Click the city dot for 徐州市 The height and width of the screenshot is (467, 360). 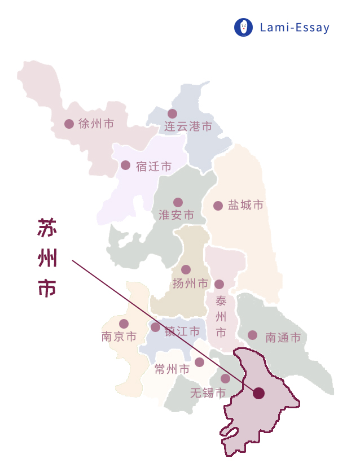pyautogui.click(x=69, y=124)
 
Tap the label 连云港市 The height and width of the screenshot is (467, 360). pyautogui.click(x=188, y=126)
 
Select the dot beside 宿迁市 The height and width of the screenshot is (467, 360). pyautogui.click(x=125, y=165)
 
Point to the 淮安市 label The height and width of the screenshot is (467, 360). pyautogui.click(x=176, y=215)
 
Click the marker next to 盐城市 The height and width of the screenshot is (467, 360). pyautogui.click(x=218, y=206)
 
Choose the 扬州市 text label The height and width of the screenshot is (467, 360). pyautogui.click(x=191, y=283)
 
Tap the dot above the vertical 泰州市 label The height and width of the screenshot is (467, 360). pyautogui.click(x=219, y=284)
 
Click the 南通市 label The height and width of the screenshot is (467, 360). pyautogui.click(x=283, y=338)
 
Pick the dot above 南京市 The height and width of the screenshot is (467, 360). pyautogui.click(x=124, y=324)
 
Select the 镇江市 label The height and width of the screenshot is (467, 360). pyautogui.click(x=182, y=331)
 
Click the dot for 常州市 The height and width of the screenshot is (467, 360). pyautogui.click(x=199, y=362)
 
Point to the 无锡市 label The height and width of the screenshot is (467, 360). pyautogui.click(x=208, y=392)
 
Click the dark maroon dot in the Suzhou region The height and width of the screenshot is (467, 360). pyautogui.click(x=258, y=393)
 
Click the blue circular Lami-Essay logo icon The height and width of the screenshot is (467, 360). pyautogui.click(x=243, y=27)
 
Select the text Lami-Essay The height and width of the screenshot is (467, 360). pyautogui.click(x=295, y=27)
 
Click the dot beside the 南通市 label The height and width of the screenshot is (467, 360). pyautogui.click(x=252, y=335)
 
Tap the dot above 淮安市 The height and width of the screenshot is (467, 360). pyautogui.click(x=178, y=202)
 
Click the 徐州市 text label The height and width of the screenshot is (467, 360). pyautogui.click(x=96, y=124)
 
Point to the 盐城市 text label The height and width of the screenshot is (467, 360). pyautogui.click(x=245, y=206)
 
